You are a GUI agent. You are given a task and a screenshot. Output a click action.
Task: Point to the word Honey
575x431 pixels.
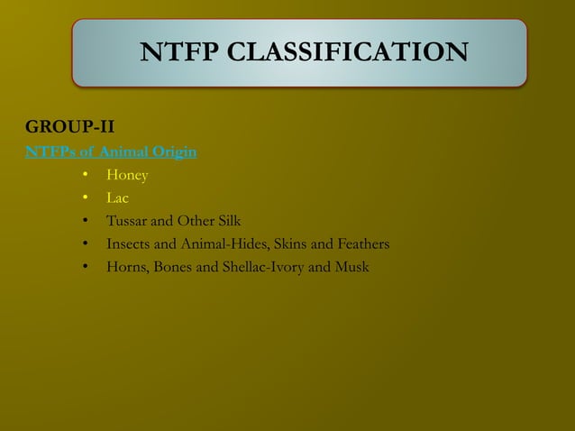[x=127, y=174]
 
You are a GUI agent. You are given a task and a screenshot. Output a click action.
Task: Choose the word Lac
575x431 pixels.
[x=117, y=197]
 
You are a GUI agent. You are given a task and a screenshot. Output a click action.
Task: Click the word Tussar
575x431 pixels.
[x=128, y=221]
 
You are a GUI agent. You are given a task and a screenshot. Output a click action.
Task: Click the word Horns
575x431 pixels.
[x=127, y=268]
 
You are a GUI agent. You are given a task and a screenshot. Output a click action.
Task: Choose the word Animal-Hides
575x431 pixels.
[x=222, y=244]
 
